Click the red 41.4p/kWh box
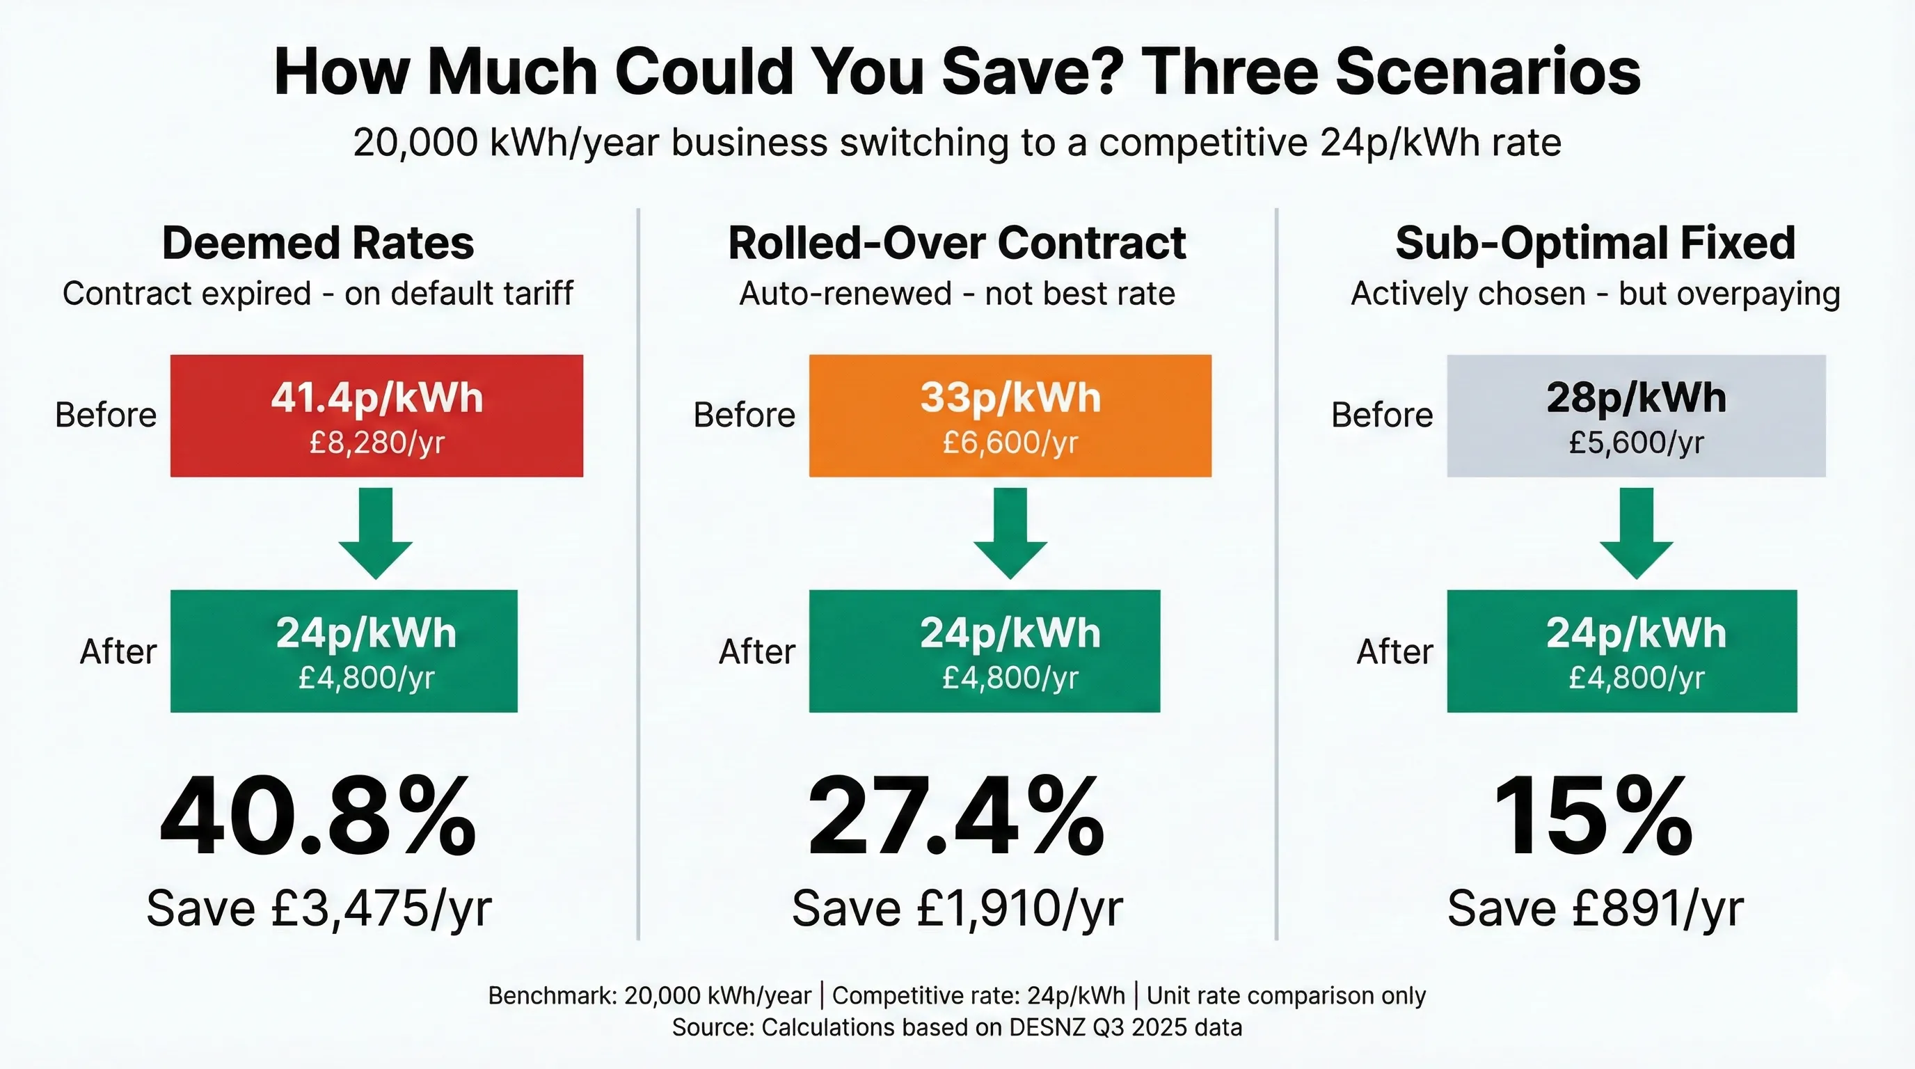coord(376,415)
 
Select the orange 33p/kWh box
coord(1010,415)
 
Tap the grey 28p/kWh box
coord(1635,415)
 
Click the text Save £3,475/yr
coord(319,908)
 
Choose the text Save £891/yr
coord(1595,908)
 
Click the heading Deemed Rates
coord(317,243)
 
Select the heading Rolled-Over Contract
coord(957,243)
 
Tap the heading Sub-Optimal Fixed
coord(1596,243)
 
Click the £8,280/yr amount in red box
coord(376,443)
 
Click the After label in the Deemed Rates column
coord(118,652)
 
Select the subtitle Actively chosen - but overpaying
coord(1596,294)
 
